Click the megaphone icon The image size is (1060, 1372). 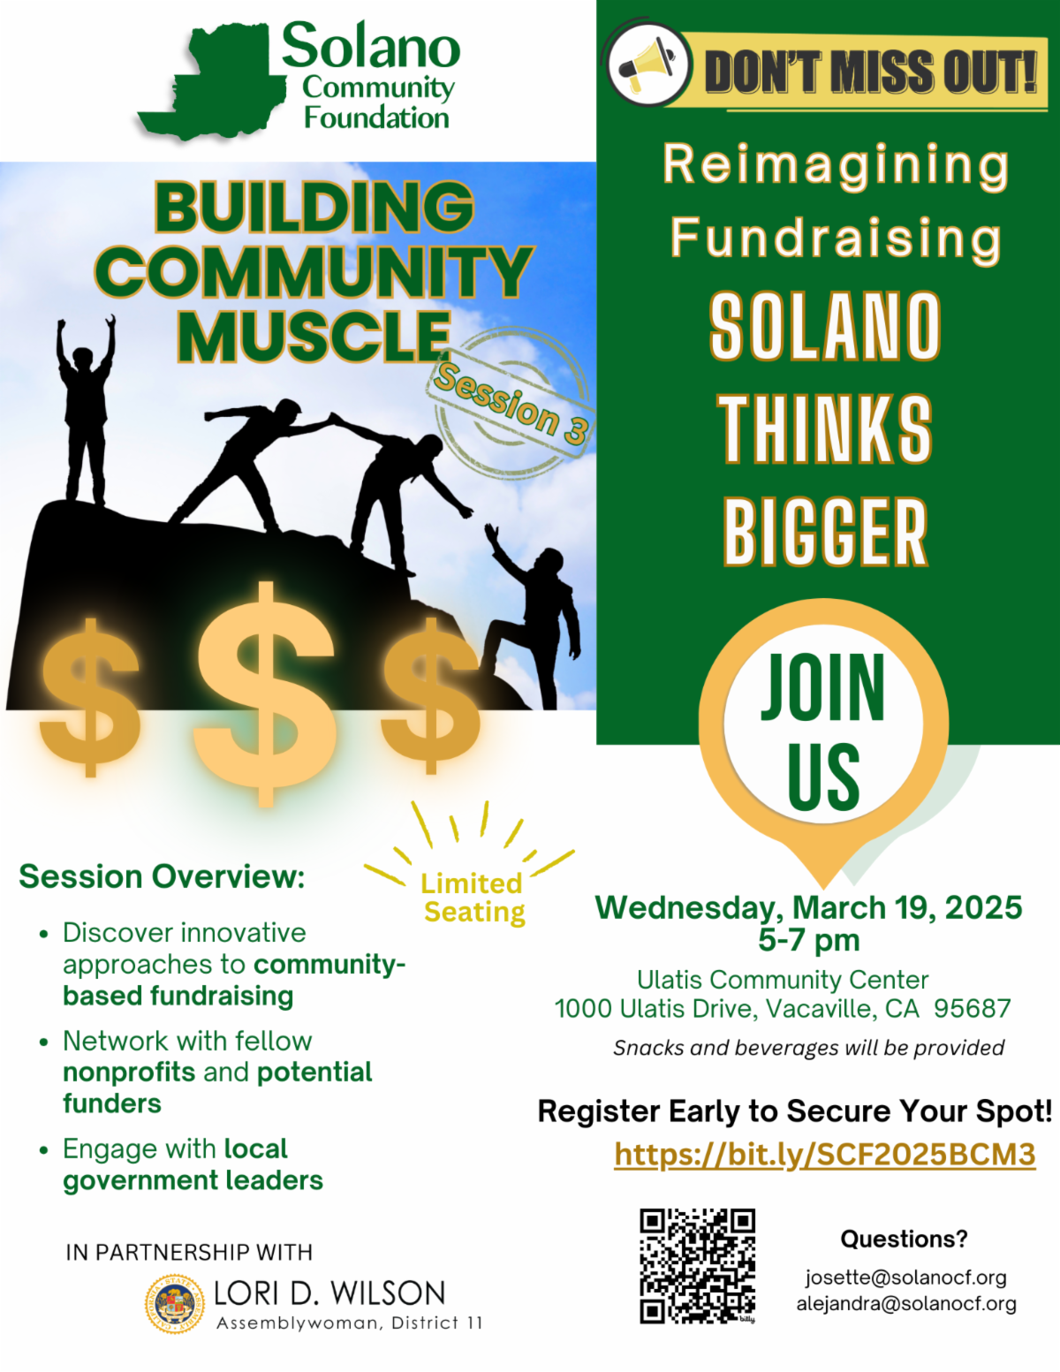tap(647, 65)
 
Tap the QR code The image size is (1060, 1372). tap(697, 1265)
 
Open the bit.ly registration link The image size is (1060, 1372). tap(824, 1155)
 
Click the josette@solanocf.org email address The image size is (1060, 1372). tap(905, 1277)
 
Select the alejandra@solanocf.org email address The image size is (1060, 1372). tap(905, 1304)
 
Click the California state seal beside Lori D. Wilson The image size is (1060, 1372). tap(175, 1303)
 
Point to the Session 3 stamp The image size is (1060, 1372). tap(511, 403)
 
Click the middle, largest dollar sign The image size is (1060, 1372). tap(265, 694)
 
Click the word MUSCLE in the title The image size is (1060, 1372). tap(314, 337)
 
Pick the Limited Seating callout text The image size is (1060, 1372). tap(473, 898)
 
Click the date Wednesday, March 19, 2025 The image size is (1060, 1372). tap(808, 907)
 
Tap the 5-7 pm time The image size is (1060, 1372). tap(808, 940)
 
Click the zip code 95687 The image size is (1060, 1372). tap(972, 1009)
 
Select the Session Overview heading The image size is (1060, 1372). tap(162, 876)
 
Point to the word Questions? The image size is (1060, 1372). tap(904, 1239)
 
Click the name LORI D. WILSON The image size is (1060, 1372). tap(329, 1293)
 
